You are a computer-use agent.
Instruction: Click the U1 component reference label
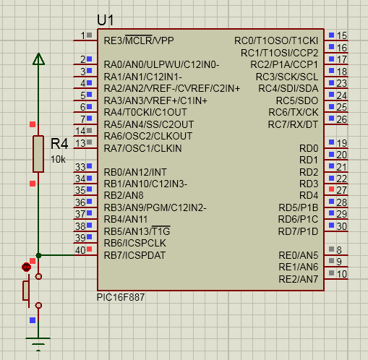pos(106,20)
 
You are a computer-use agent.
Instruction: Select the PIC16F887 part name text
pos(121,297)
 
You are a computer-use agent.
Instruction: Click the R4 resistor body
pos(38,154)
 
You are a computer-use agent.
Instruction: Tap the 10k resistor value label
pos(58,160)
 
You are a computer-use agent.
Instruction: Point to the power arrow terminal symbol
pos(38,59)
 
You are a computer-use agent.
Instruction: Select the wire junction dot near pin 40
pos(38,255)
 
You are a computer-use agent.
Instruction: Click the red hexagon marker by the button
pos(26,267)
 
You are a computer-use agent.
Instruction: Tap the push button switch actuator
pos(26,291)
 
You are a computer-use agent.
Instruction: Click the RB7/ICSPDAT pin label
pos(134,255)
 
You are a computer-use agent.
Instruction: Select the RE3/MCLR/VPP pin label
pos(139,40)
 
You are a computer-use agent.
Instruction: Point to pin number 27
pos(342,190)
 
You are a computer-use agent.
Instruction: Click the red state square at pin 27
pos(332,189)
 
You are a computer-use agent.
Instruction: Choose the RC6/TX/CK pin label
pos(294,112)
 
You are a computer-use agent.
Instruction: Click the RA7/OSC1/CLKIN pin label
pos(142,148)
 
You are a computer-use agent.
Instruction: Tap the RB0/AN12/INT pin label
pos(135,172)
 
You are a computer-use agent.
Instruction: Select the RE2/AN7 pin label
pos(299,279)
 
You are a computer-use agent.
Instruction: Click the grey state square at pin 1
pos(90,35)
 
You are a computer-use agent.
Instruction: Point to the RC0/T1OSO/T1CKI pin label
pos(276,40)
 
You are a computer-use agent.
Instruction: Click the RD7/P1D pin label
pos(298,231)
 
